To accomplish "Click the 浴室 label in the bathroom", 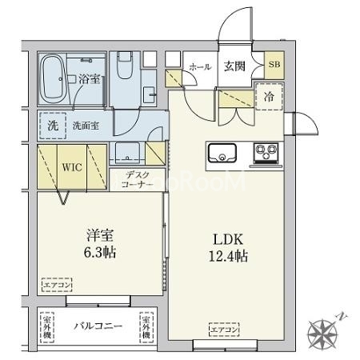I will tap(89, 78).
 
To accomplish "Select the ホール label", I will tap(199, 67).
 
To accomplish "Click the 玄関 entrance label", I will tap(234, 67).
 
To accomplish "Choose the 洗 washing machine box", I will tap(51, 125).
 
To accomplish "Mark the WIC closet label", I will tap(71, 169).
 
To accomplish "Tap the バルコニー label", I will tap(98, 327).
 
